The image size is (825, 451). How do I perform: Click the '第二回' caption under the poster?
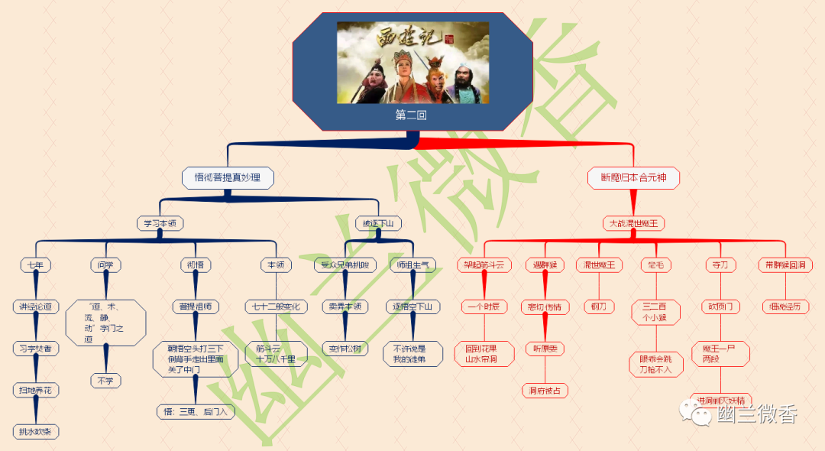point(411,115)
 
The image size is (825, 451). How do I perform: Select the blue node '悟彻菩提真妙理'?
point(228,178)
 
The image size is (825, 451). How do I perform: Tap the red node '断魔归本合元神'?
point(633,178)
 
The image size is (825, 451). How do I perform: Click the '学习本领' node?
point(160,223)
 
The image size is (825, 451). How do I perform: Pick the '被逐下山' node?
point(379,223)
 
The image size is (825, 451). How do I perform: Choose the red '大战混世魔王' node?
point(633,223)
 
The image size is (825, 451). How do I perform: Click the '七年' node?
point(35,265)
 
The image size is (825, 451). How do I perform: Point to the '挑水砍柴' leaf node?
point(36,432)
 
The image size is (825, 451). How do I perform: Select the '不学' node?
point(105,380)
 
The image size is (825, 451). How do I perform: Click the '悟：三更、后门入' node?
point(195,411)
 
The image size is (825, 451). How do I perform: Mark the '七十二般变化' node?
point(276,307)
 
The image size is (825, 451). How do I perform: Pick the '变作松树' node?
point(345,349)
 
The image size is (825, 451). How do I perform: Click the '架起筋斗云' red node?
point(484,265)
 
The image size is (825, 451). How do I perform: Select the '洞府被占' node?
point(545,391)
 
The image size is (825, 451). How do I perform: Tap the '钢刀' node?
point(598,307)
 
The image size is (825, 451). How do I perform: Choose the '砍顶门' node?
point(721,307)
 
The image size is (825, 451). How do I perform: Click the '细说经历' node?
point(785,307)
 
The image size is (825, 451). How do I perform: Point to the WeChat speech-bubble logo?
point(697,414)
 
